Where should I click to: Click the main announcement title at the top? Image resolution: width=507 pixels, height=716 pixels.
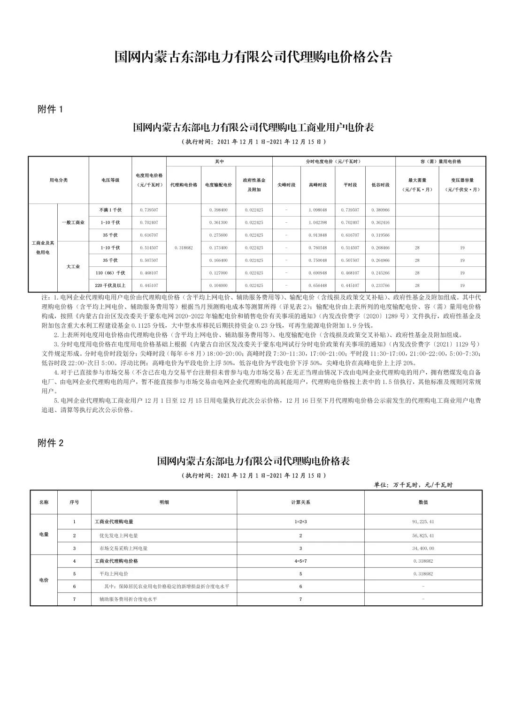point(253,57)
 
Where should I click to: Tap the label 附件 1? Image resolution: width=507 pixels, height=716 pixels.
point(50,110)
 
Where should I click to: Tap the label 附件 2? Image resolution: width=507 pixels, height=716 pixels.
point(50,443)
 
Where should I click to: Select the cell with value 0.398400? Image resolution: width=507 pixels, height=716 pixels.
point(218,210)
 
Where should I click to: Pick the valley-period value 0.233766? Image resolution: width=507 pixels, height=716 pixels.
point(380,286)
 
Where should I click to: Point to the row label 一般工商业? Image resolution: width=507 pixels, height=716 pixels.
point(73,223)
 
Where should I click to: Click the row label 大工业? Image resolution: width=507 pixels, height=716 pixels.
point(73,267)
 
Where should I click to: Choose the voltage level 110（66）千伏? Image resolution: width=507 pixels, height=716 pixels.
point(110,273)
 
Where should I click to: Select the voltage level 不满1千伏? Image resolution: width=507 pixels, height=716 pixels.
point(110,210)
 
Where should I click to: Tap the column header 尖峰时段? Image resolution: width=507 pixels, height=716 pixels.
point(286,185)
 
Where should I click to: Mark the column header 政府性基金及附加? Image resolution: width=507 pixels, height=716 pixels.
point(254,185)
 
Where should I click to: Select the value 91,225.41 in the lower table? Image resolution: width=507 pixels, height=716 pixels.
point(423,521)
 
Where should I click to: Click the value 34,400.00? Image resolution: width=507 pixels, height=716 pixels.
point(423,548)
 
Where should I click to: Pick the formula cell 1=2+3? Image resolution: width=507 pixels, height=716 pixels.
point(300,521)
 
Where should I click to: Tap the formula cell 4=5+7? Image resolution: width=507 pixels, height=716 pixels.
point(300,561)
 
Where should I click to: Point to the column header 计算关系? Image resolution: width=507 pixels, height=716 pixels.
point(300,502)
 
